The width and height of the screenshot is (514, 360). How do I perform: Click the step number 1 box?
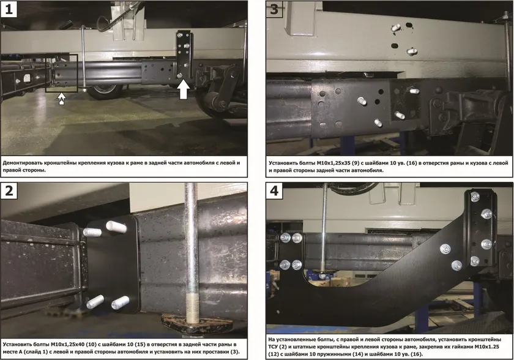(9, 9)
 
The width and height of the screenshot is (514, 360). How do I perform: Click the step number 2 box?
(9, 190)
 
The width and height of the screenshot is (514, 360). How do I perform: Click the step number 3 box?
(274, 9)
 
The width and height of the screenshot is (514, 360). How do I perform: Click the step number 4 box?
(274, 190)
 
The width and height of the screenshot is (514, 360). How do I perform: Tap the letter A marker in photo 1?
(62, 99)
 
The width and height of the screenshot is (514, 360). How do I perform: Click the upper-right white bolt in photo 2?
(116, 227)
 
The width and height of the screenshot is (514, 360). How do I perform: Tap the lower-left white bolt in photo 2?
(95, 301)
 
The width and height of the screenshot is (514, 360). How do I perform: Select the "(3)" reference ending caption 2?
(235, 352)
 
